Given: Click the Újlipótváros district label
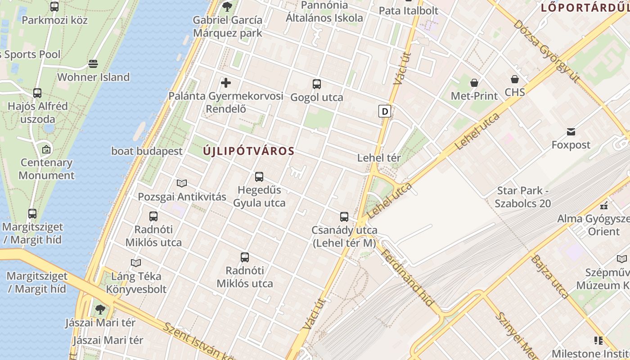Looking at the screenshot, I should point(248,151).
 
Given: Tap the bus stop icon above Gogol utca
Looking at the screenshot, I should point(317,84).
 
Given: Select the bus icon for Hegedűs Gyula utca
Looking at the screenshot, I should point(259,177).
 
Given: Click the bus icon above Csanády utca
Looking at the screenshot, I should point(344,217).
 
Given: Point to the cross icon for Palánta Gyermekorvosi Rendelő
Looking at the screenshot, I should point(226,83).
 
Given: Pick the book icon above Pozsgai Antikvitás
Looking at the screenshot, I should point(182,183).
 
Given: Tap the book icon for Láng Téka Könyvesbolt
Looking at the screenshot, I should point(136,263).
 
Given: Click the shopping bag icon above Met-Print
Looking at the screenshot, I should point(474,83).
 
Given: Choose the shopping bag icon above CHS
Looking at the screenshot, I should point(515,80).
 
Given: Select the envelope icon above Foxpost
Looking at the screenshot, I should point(571,132).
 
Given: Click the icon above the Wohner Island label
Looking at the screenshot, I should point(93,64).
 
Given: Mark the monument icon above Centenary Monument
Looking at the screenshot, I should point(46,149).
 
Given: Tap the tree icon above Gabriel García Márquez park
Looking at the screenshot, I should point(227,7).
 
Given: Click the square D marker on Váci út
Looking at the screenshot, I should point(384,111).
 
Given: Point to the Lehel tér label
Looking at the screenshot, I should point(379,158).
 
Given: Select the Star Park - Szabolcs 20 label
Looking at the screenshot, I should point(523,197).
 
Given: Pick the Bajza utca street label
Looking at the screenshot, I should point(550,277).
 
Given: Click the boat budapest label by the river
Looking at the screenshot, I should point(147,151).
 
